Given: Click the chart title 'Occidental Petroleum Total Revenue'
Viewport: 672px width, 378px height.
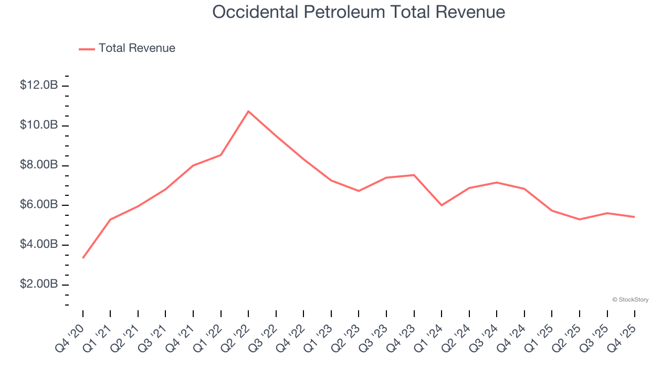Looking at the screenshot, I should tap(359, 12).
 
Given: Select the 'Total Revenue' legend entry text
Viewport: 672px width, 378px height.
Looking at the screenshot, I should tap(136, 48).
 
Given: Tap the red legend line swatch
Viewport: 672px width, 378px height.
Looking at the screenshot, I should tap(87, 49).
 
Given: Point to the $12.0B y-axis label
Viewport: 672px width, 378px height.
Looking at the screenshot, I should tap(38, 85).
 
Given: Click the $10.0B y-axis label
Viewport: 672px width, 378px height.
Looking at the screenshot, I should tap(38, 125).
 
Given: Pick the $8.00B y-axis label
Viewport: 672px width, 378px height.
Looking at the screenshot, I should tap(38, 165).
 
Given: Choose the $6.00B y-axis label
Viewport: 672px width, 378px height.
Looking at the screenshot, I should tap(38, 205).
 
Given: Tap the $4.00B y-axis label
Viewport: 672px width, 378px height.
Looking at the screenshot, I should tap(38, 245).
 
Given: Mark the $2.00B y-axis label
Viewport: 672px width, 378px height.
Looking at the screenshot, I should tap(38, 284).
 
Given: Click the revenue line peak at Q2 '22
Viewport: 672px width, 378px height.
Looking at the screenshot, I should tap(248, 111).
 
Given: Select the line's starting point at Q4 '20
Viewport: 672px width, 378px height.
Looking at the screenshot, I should tap(83, 258).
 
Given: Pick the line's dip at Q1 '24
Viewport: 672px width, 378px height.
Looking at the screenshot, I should tap(442, 205).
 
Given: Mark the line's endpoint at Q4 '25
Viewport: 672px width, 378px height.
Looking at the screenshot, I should tap(634, 217).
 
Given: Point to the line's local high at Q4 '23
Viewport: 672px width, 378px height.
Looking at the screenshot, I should tap(414, 175).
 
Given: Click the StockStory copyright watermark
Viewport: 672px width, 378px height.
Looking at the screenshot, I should tap(630, 300).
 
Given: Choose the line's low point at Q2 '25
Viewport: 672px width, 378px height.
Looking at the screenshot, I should tap(580, 219).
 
